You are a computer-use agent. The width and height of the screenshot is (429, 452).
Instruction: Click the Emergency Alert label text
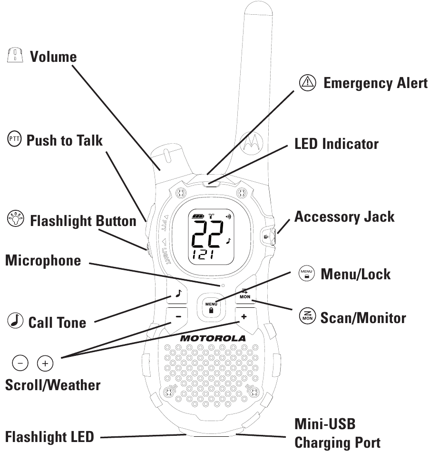click(x=375, y=83)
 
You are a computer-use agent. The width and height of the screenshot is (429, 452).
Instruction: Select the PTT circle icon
click(x=14, y=140)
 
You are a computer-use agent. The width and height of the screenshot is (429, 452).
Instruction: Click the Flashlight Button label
click(x=83, y=221)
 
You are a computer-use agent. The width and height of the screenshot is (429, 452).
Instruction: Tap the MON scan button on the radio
click(x=245, y=294)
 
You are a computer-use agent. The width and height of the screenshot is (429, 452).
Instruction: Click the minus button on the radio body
click(x=178, y=316)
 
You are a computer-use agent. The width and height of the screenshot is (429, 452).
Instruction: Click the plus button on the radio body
click(x=244, y=316)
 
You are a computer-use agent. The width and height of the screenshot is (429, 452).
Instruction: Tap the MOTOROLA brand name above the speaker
click(x=213, y=338)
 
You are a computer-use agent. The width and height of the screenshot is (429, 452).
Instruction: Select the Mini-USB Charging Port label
click(x=337, y=433)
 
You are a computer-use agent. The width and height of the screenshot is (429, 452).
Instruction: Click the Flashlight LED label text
click(x=49, y=436)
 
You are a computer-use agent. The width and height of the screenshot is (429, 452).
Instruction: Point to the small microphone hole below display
click(x=222, y=285)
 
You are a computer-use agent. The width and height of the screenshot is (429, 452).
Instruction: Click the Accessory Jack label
click(x=344, y=216)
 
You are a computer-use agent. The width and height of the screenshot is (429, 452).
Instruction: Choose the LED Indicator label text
click(x=336, y=144)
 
